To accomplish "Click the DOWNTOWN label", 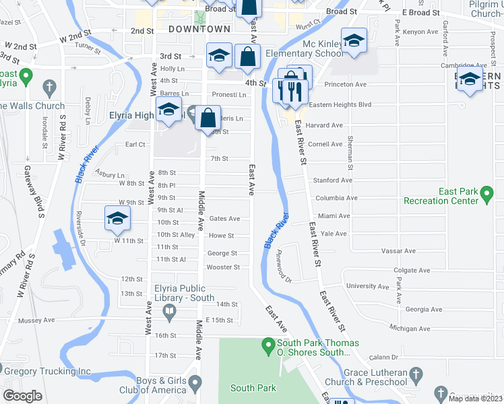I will [x=199, y=29].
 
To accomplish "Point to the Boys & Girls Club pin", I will [x=195, y=384].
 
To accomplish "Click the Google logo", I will [x=23, y=396].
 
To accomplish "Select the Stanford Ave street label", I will [x=332, y=180].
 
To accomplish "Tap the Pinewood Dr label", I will [x=281, y=270].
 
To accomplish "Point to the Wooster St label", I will [x=223, y=267].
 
